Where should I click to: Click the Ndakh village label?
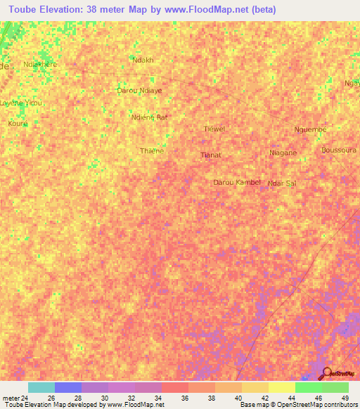pos(143,60)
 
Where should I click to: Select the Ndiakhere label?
pos(40,64)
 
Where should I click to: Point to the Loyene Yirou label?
pos(22,103)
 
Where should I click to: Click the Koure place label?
pos(18,123)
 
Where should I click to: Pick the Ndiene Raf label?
pos(150,117)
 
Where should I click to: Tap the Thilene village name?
pos(152,150)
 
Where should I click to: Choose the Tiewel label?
pos(214,129)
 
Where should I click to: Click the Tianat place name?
pos(211,155)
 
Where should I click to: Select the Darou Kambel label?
pos(237,182)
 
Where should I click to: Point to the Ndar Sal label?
pos(282,183)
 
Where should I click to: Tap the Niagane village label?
pos(283,152)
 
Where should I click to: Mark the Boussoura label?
pos(339,150)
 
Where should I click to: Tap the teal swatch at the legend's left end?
pos(41,387)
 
